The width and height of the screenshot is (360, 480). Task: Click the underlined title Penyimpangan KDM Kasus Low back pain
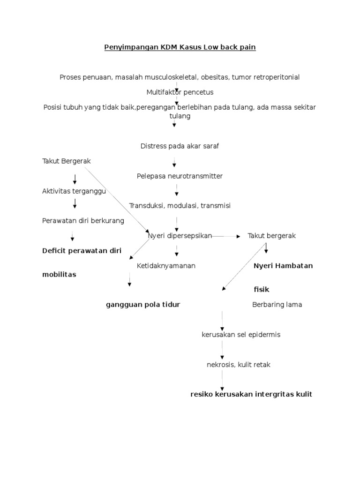(180, 48)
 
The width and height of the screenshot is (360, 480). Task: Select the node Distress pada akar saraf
(180, 146)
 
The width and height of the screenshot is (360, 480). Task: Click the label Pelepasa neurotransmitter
(180, 176)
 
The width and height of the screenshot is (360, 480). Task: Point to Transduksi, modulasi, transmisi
(180, 206)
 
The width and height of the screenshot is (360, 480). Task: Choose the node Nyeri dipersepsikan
(180, 236)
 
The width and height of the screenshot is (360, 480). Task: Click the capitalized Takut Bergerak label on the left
(66, 161)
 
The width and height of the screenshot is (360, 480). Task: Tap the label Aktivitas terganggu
(74, 191)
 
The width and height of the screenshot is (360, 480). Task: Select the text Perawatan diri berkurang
(83, 221)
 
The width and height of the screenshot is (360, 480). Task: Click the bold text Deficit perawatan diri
(82, 251)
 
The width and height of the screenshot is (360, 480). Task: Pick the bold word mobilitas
(59, 275)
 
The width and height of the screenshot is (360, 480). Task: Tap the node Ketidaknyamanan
(166, 266)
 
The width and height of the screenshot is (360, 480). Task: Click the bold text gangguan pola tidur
(143, 305)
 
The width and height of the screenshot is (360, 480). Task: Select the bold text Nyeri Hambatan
(283, 266)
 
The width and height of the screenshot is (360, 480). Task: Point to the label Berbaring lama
(277, 305)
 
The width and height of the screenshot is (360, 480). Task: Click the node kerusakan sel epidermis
(240, 335)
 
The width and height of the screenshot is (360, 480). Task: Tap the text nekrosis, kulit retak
(238, 364)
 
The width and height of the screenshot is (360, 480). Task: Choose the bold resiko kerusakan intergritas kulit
(251, 394)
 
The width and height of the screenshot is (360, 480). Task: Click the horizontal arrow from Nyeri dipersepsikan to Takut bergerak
(226, 237)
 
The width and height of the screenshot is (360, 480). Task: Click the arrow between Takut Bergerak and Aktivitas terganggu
(75, 179)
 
